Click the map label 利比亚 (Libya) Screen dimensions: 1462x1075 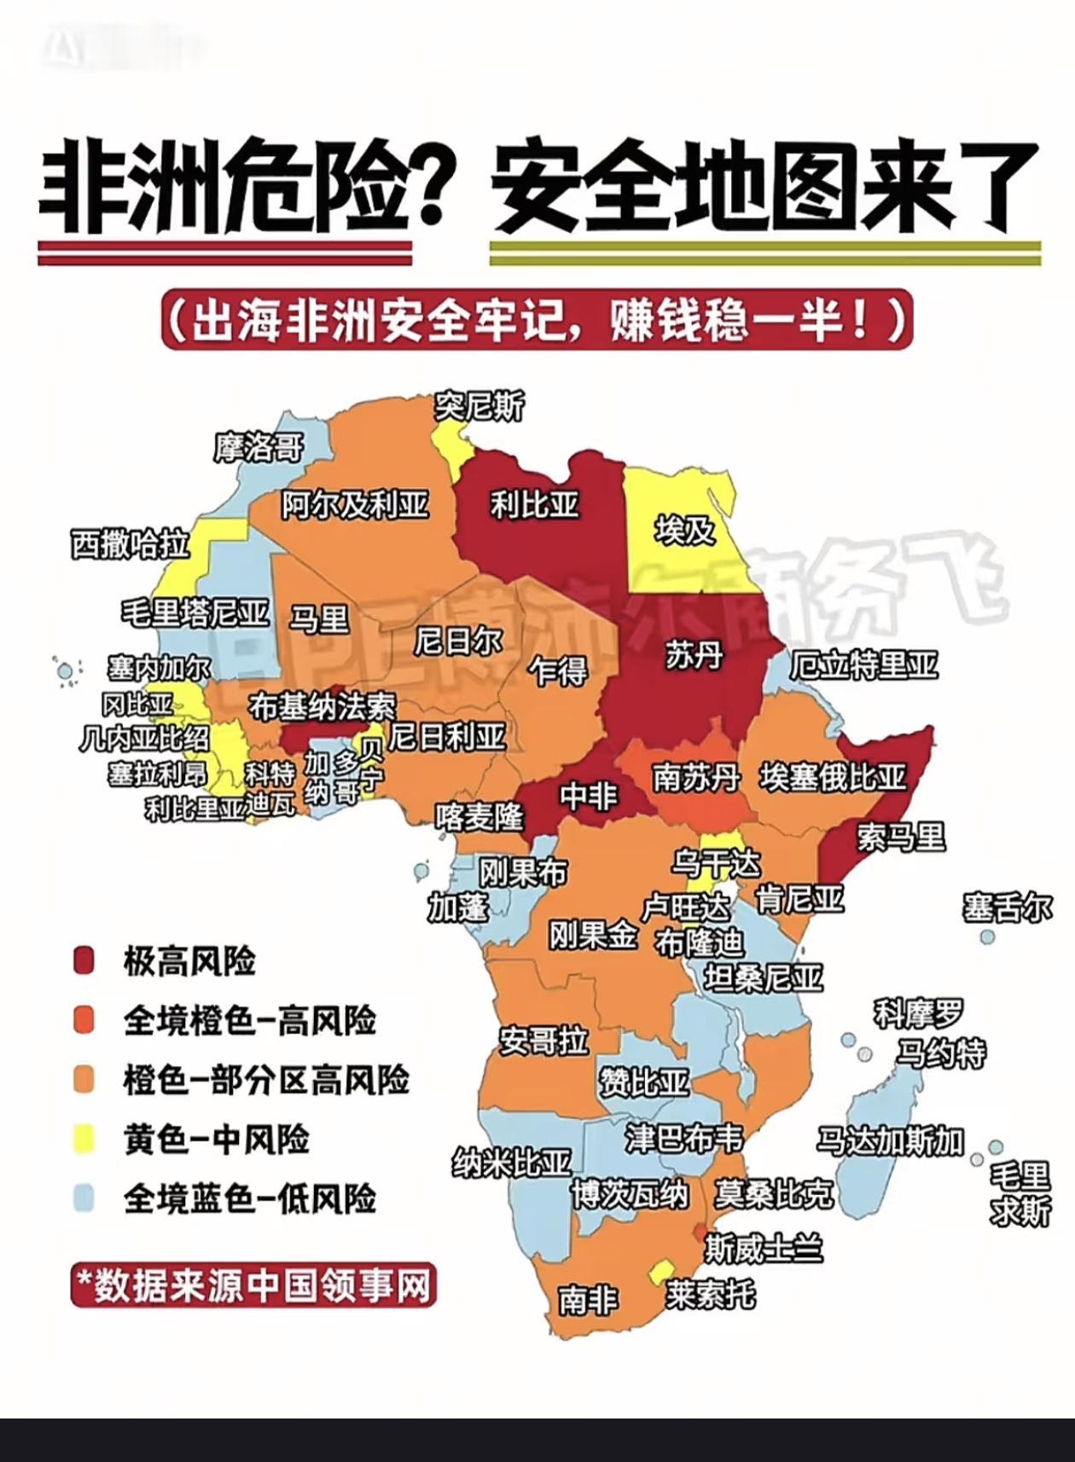[x=535, y=505]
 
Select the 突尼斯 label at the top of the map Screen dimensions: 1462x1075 [x=479, y=406]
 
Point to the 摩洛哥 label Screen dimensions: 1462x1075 [x=259, y=447]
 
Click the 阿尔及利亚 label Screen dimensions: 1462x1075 [x=355, y=505]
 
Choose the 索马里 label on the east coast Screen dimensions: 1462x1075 [x=902, y=837]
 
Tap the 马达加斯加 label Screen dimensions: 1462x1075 [x=890, y=1140]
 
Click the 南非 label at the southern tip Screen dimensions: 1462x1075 [x=588, y=1300]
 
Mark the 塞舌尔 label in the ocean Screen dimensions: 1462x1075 [x=1008, y=908]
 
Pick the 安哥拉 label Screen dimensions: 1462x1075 [x=543, y=1041]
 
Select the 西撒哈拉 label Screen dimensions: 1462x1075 [x=130, y=543]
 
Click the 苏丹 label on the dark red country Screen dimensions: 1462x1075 [x=694, y=656]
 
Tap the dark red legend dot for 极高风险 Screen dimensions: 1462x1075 [x=84, y=961]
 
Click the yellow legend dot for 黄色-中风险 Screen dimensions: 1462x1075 [x=84, y=1140]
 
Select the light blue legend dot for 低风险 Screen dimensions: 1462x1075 [x=84, y=1198]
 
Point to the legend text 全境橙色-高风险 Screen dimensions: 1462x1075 [x=249, y=1020]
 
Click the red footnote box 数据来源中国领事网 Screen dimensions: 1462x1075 [x=253, y=1285]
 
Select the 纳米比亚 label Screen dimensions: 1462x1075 [x=511, y=1162]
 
